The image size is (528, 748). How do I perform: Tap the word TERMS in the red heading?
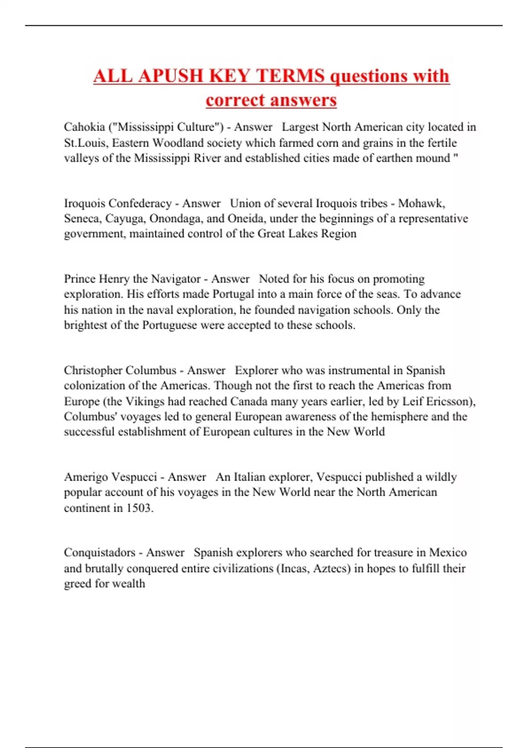pyautogui.click(x=291, y=76)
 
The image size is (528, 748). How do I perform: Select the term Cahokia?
pyautogui.click(x=84, y=127)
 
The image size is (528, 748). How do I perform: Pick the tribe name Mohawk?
pyautogui.click(x=421, y=203)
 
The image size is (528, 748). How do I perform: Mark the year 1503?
pyautogui.click(x=139, y=508)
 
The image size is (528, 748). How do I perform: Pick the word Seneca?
pyautogui.click(x=82, y=219)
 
